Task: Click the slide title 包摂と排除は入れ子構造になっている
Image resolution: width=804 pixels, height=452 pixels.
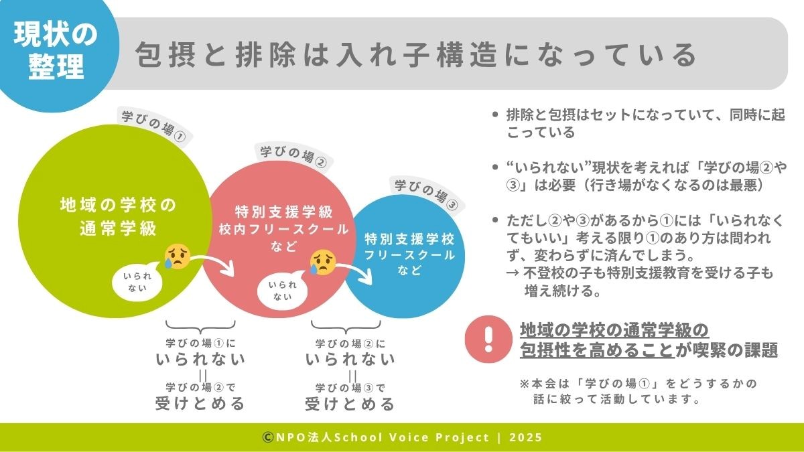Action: point(416,55)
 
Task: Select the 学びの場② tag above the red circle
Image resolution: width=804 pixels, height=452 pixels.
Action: point(294,156)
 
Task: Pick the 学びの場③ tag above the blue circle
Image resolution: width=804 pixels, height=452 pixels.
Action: point(427,194)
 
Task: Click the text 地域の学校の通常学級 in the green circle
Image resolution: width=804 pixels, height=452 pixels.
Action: point(118,216)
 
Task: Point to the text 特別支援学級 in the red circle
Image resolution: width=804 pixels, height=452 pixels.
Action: point(284,212)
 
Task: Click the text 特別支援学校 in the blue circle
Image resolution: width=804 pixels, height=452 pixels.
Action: point(409,239)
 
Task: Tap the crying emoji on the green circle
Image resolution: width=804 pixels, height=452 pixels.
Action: point(177,256)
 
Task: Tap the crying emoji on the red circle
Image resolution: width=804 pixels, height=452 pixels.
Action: point(323,262)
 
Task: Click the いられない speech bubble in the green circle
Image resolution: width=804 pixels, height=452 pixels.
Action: point(138,282)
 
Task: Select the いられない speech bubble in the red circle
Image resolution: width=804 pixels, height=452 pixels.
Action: point(283,290)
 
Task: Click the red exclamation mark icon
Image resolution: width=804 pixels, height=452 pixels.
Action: point(488,340)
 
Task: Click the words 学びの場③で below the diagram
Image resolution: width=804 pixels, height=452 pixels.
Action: point(350,388)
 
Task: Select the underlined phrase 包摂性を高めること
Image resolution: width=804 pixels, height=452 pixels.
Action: point(597,350)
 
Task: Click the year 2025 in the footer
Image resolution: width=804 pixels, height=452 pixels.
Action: point(525,437)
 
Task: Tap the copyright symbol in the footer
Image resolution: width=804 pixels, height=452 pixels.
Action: point(267,437)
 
